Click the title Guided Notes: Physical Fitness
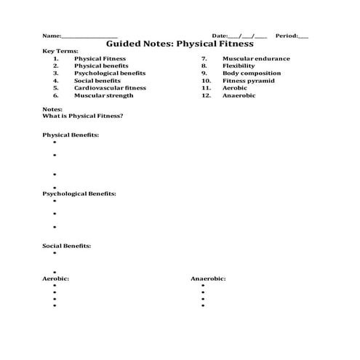pyautogui.click(x=180, y=44)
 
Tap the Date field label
pyautogui.click(x=220, y=35)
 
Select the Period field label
pyautogui.click(x=286, y=35)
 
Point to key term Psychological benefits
pyautogui.click(x=110, y=73)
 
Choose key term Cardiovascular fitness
pyautogui.click(x=110, y=88)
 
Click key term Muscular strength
pyautogui.click(x=104, y=95)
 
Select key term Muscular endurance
pyautogui.click(x=256, y=59)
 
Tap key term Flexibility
pyautogui.click(x=239, y=66)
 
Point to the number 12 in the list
pyautogui.click(x=207, y=95)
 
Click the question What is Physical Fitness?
pyautogui.click(x=83, y=116)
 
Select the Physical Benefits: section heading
pyautogui.click(x=71, y=135)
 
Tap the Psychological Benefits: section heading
pyautogui.click(x=79, y=194)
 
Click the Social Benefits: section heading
pyautogui.click(x=67, y=246)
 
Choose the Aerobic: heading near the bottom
pyautogui.click(x=55, y=279)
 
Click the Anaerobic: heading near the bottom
pyautogui.click(x=208, y=279)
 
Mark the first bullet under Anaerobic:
pyautogui.click(x=203, y=287)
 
